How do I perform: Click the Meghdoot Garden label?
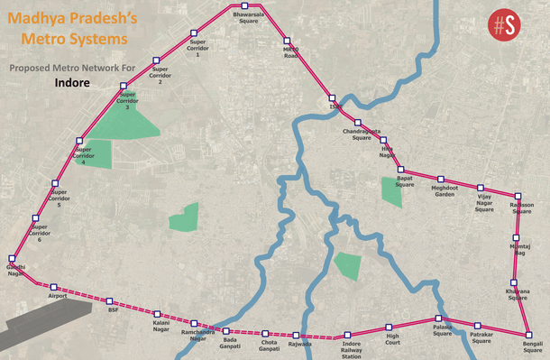pyautogui.click(x=445, y=189)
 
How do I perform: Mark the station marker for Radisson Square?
pyautogui.click(x=518, y=196)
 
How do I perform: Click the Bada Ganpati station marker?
pyautogui.click(x=227, y=330)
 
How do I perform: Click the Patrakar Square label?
pyautogui.click(x=481, y=337)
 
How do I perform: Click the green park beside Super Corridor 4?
pyautogui.click(x=96, y=154)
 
